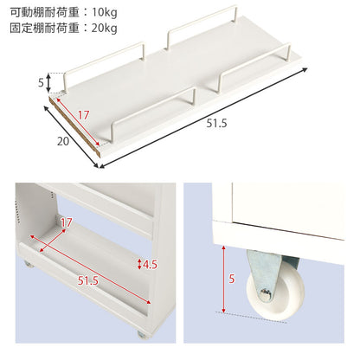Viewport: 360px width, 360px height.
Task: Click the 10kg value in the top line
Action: pyautogui.click(x=105, y=12)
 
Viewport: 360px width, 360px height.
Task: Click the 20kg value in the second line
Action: pyautogui.click(x=105, y=28)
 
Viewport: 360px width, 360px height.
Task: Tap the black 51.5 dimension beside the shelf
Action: pyautogui.click(x=216, y=124)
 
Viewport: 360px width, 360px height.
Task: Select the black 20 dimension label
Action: pyautogui.click(x=63, y=141)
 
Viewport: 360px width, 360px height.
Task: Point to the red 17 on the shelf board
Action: pyautogui.click(x=83, y=115)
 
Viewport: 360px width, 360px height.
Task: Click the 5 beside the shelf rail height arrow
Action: pyautogui.click(x=41, y=83)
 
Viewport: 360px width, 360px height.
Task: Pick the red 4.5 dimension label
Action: pyautogui.click(x=150, y=264)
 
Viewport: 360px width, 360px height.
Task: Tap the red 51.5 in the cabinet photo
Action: pyautogui.click(x=88, y=280)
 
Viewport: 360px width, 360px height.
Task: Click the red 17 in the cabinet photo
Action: pyautogui.click(x=66, y=222)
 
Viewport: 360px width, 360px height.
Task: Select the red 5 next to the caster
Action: pyautogui.click(x=232, y=279)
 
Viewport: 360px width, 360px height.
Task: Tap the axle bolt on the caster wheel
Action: pyautogui.click(x=266, y=294)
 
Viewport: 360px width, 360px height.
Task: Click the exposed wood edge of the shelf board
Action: pyautogui.click(x=75, y=127)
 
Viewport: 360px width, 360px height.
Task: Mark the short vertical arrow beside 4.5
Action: pyautogui.click(x=139, y=264)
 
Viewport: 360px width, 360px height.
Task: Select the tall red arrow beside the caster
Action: pyautogui.click(x=223, y=279)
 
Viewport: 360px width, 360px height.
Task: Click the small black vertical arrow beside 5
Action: pyautogui.click(x=48, y=83)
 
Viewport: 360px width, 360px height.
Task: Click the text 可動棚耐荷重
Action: pyautogui.click(x=45, y=12)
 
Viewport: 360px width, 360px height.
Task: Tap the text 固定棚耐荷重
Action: pyautogui.click(x=45, y=28)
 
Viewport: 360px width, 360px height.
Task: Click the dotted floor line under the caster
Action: pyautogui.click(x=251, y=317)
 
